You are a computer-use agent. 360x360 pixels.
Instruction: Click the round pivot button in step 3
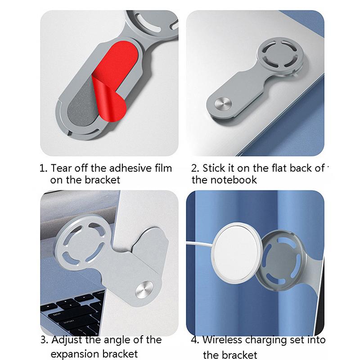pos(144,290)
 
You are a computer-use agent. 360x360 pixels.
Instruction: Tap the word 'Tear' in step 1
pos(61,168)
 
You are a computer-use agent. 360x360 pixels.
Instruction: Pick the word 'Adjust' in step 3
pos(67,340)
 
